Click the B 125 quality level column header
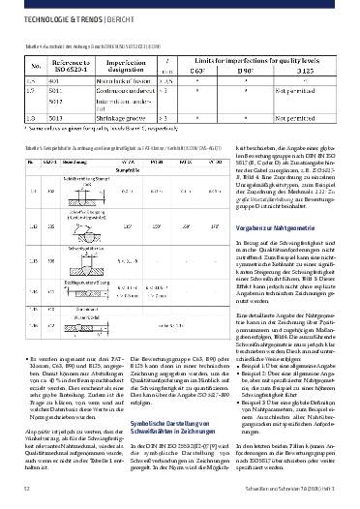click(x=304, y=70)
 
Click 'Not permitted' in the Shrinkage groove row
click(x=304, y=116)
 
